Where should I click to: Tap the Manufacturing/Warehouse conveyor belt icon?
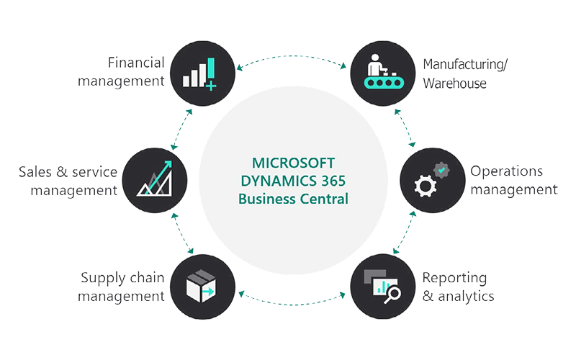[x=383, y=73]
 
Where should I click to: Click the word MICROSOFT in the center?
[x=293, y=163]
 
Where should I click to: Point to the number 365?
[x=333, y=181]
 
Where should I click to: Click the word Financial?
[x=136, y=63]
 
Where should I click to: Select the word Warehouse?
[x=455, y=84]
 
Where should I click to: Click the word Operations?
[x=506, y=171]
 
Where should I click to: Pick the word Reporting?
[x=455, y=278]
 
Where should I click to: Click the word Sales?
[x=35, y=172]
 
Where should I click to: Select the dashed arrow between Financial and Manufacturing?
[x=293, y=56]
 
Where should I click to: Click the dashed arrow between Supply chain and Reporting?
[x=293, y=304]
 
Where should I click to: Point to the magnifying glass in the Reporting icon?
[x=392, y=295]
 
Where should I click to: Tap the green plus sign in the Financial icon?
[x=211, y=86]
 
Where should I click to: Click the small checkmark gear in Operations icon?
[x=441, y=170]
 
